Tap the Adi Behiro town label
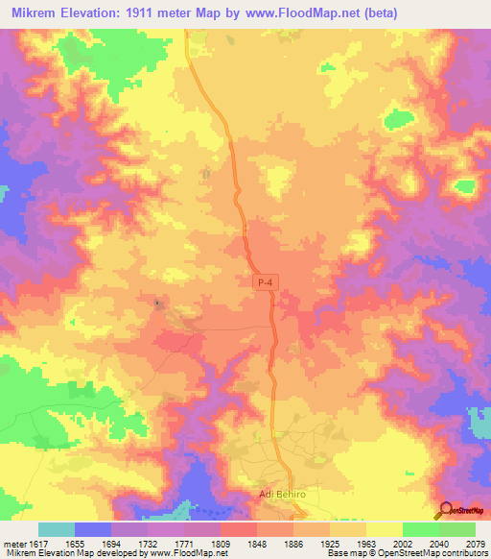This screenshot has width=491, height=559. (287, 495)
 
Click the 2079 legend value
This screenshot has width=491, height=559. (474, 544)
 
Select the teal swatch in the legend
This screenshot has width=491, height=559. (56, 529)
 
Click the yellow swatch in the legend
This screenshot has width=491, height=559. (384, 529)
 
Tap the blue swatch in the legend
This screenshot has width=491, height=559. (92, 529)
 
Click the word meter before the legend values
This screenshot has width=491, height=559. (13, 544)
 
